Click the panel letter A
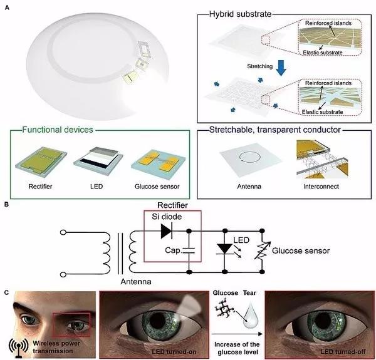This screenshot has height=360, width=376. pyautogui.click(x=6, y=6)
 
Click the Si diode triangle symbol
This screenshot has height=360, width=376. pyautogui.click(x=165, y=231)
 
